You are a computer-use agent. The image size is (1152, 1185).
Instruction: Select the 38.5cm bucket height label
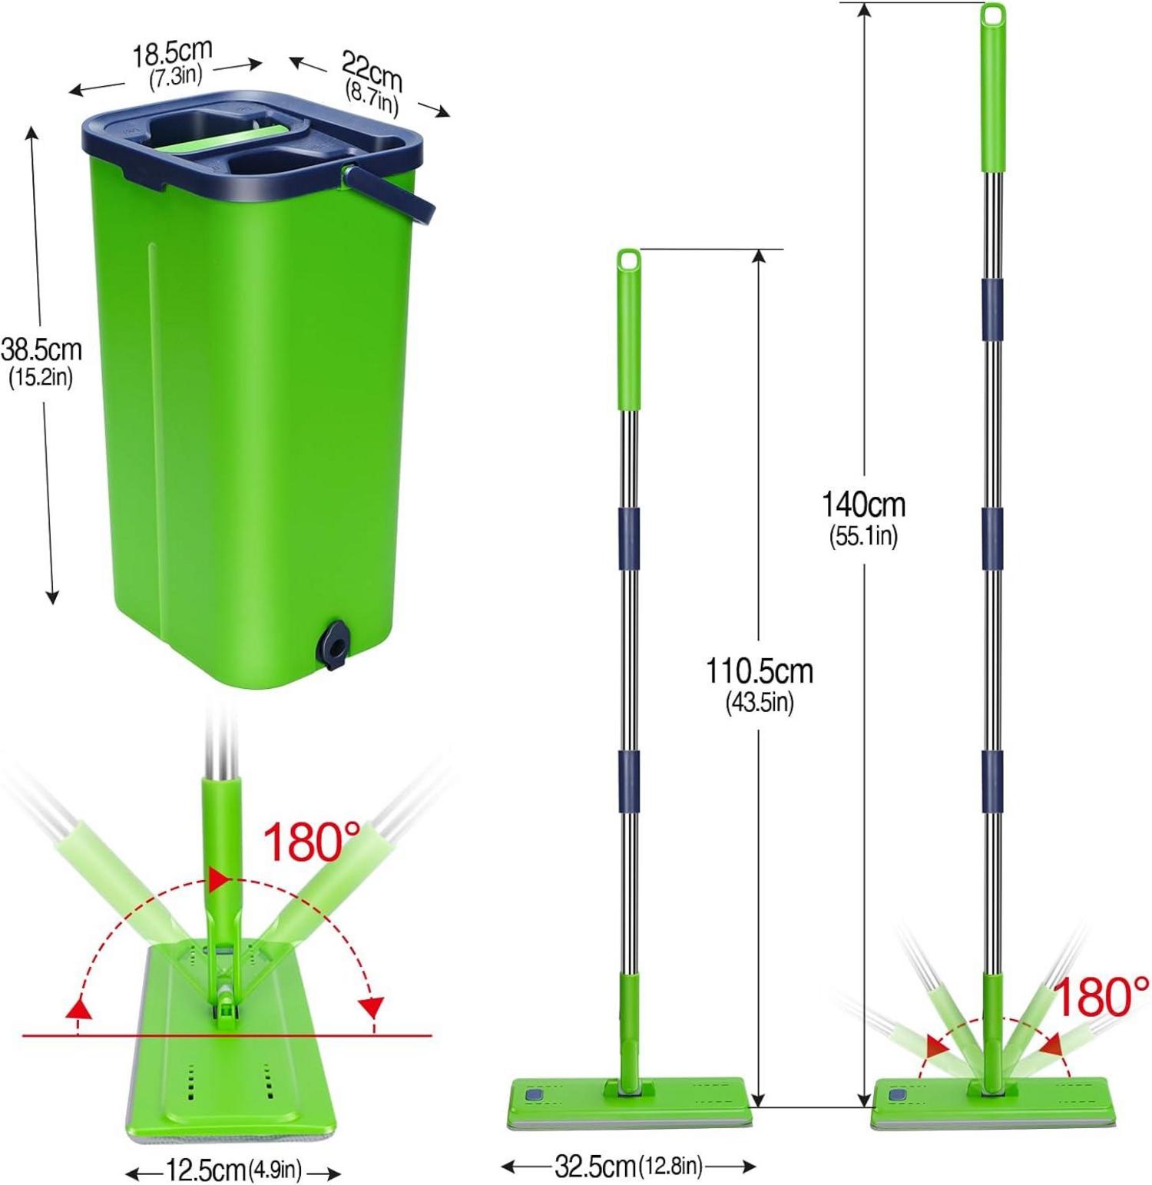[41, 349]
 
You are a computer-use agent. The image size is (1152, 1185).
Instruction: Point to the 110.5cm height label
[760, 671]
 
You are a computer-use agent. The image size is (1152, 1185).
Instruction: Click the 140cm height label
[864, 505]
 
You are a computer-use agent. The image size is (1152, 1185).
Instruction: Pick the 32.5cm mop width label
[595, 1167]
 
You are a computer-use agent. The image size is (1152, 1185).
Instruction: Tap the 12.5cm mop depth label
[206, 1170]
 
